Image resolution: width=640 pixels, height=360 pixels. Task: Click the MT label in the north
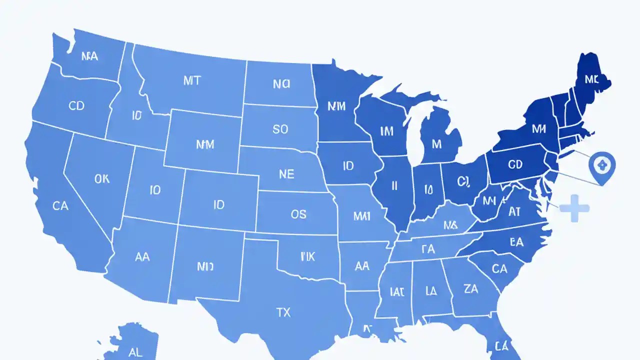pos(192,81)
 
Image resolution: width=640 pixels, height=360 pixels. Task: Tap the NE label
pos(286,174)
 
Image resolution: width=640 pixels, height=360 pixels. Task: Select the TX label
pos(283,312)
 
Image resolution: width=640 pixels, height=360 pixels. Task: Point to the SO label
pos(280,129)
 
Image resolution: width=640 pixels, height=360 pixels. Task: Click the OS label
pos(298,214)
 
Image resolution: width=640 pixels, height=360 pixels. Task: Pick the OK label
pos(101,178)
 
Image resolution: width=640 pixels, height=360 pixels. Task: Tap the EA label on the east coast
pos(516,242)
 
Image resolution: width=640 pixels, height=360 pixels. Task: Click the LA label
pos(431,290)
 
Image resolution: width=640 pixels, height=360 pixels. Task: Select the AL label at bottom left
pos(135,352)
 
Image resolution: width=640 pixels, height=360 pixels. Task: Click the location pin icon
pos(602,165)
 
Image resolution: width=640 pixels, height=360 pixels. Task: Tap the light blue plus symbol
pos(575,208)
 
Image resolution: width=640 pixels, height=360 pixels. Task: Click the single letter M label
pos(436,144)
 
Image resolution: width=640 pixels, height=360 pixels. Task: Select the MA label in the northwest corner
pos(89,56)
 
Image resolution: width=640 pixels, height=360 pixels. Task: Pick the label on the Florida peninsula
pos(501,345)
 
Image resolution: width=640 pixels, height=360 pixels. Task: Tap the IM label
pos(386,131)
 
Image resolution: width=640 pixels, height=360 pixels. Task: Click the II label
pos(394,186)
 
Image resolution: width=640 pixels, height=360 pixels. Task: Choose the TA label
pos(428,248)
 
